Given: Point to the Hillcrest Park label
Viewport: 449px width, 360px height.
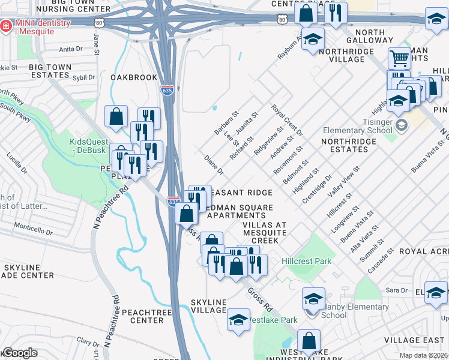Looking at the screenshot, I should pos(307,261).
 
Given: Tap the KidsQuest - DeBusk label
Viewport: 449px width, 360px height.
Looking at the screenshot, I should pos(88,146).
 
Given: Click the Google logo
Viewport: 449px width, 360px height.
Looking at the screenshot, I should pos(19,353).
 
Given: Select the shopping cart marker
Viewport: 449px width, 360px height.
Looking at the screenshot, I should pos(399,59).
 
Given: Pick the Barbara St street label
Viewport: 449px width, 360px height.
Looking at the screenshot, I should pos(227,122).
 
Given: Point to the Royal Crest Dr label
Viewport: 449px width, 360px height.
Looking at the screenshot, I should pos(287,120).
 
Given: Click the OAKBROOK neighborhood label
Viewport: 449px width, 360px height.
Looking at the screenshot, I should pos(133,77).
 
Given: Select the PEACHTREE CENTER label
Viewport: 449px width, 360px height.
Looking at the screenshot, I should pos(142,316).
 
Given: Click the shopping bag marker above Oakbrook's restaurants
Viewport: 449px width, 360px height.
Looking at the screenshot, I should pos(116,116).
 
